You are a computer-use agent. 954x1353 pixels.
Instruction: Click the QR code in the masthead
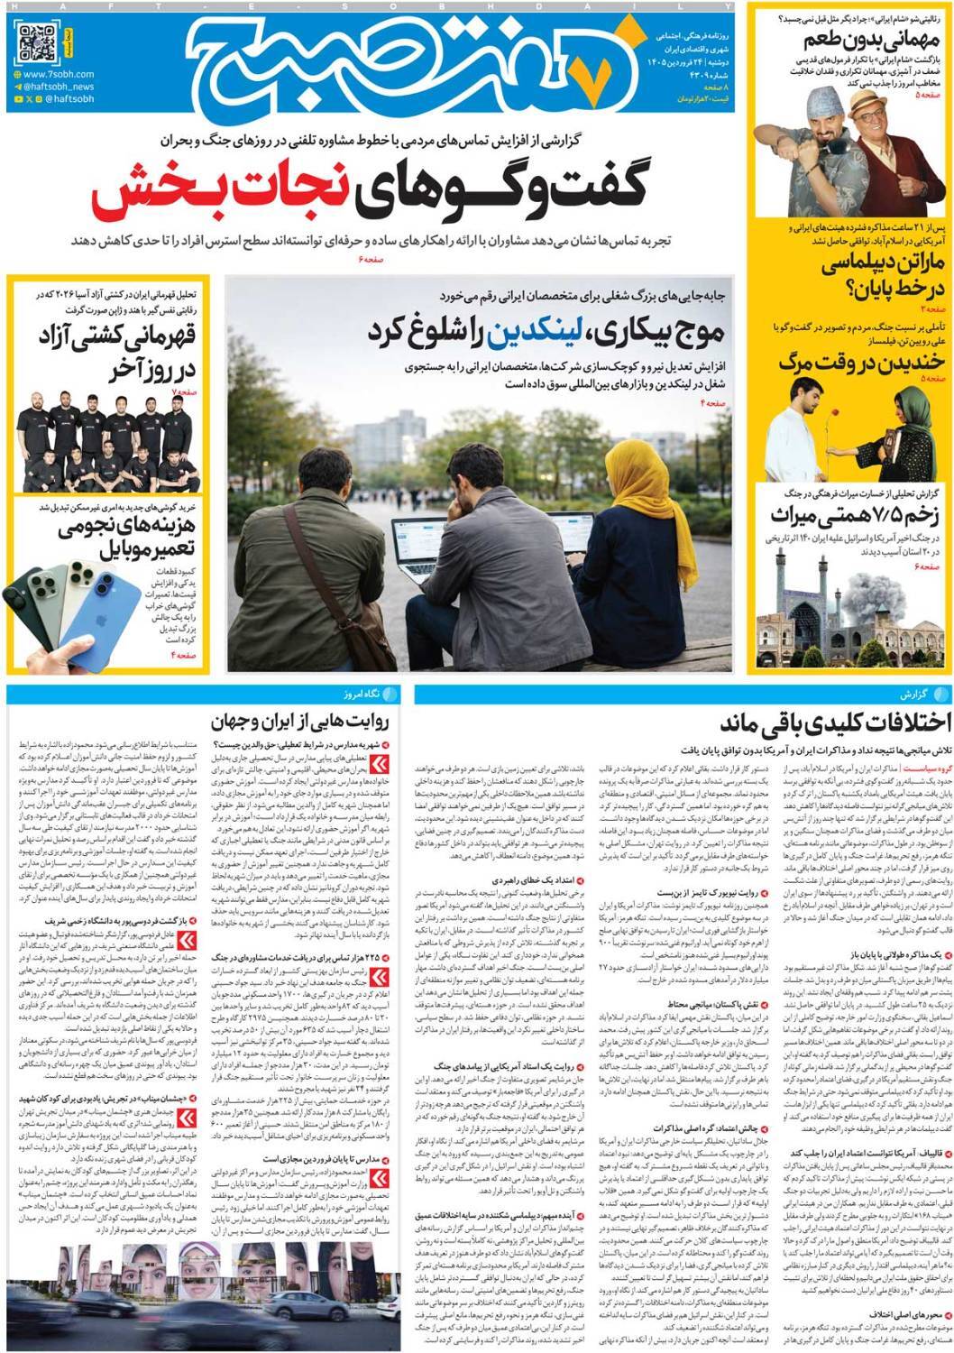(x=37, y=42)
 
